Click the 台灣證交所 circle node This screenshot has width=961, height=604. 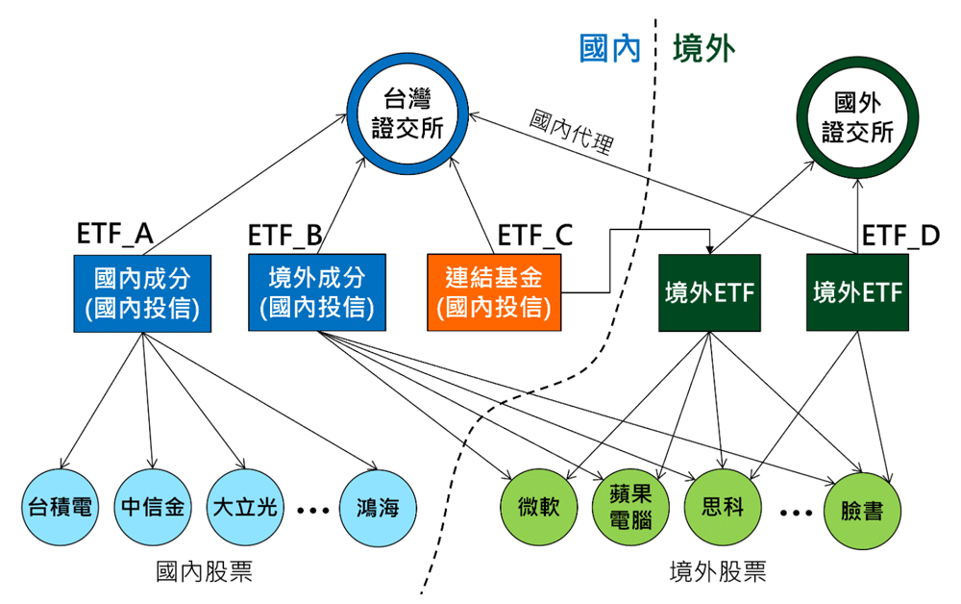(x=407, y=113)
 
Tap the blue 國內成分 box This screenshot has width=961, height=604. (x=142, y=292)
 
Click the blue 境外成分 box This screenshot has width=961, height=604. (x=316, y=292)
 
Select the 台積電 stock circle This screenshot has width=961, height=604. (x=60, y=507)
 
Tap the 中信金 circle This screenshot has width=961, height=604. (x=152, y=507)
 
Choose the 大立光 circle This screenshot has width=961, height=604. (x=244, y=507)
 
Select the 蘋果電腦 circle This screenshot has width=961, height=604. (x=631, y=507)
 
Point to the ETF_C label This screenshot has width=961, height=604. (x=534, y=235)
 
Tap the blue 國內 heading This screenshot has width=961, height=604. (x=610, y=48)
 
